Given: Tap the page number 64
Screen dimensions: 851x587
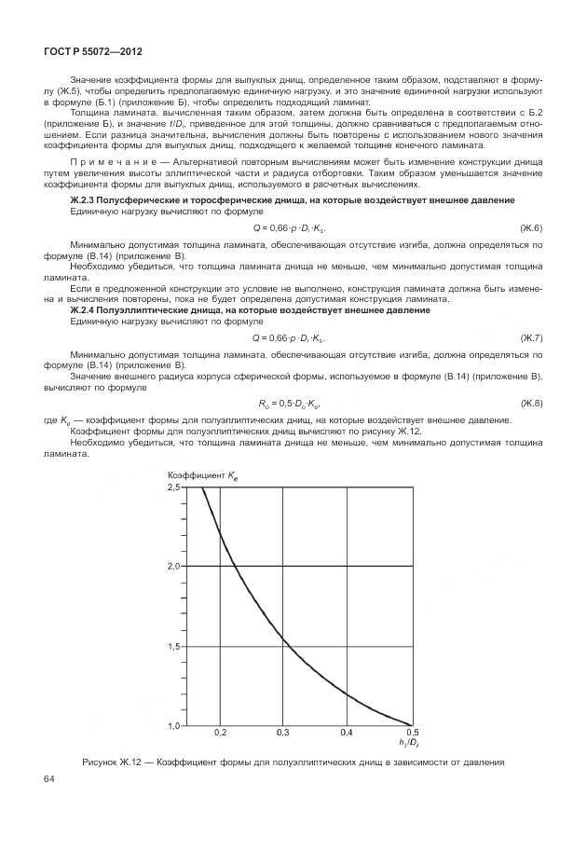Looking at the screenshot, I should [49, 779].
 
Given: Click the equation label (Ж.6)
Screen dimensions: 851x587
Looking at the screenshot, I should [531, 228].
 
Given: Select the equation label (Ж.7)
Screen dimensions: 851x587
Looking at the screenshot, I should [531, 337].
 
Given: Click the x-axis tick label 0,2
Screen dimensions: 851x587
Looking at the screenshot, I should [220, 734].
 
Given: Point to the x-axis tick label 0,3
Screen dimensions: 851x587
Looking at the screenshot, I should [284, 734].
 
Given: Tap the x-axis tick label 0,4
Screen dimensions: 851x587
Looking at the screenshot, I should [348, 734].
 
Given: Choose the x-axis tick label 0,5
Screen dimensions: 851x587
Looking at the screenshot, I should [412, 734].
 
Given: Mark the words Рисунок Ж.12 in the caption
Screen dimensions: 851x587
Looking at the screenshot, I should [111, 762].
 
